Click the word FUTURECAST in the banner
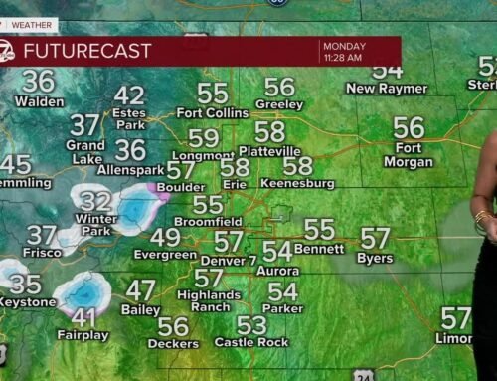(x=87, y=50)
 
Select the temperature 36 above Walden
(x=39, y=81)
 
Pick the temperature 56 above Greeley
(x=279, y=88)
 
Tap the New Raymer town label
(x=386, y=89)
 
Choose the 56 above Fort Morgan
(x=409, y=127)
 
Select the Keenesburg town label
(x=297, y=184)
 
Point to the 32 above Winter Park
(x=95, y=201)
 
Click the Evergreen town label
(x=165, y=255)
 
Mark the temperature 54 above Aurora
(x=277, y=251)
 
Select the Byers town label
(x=375, y=259)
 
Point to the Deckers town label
(x=173, y=344)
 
